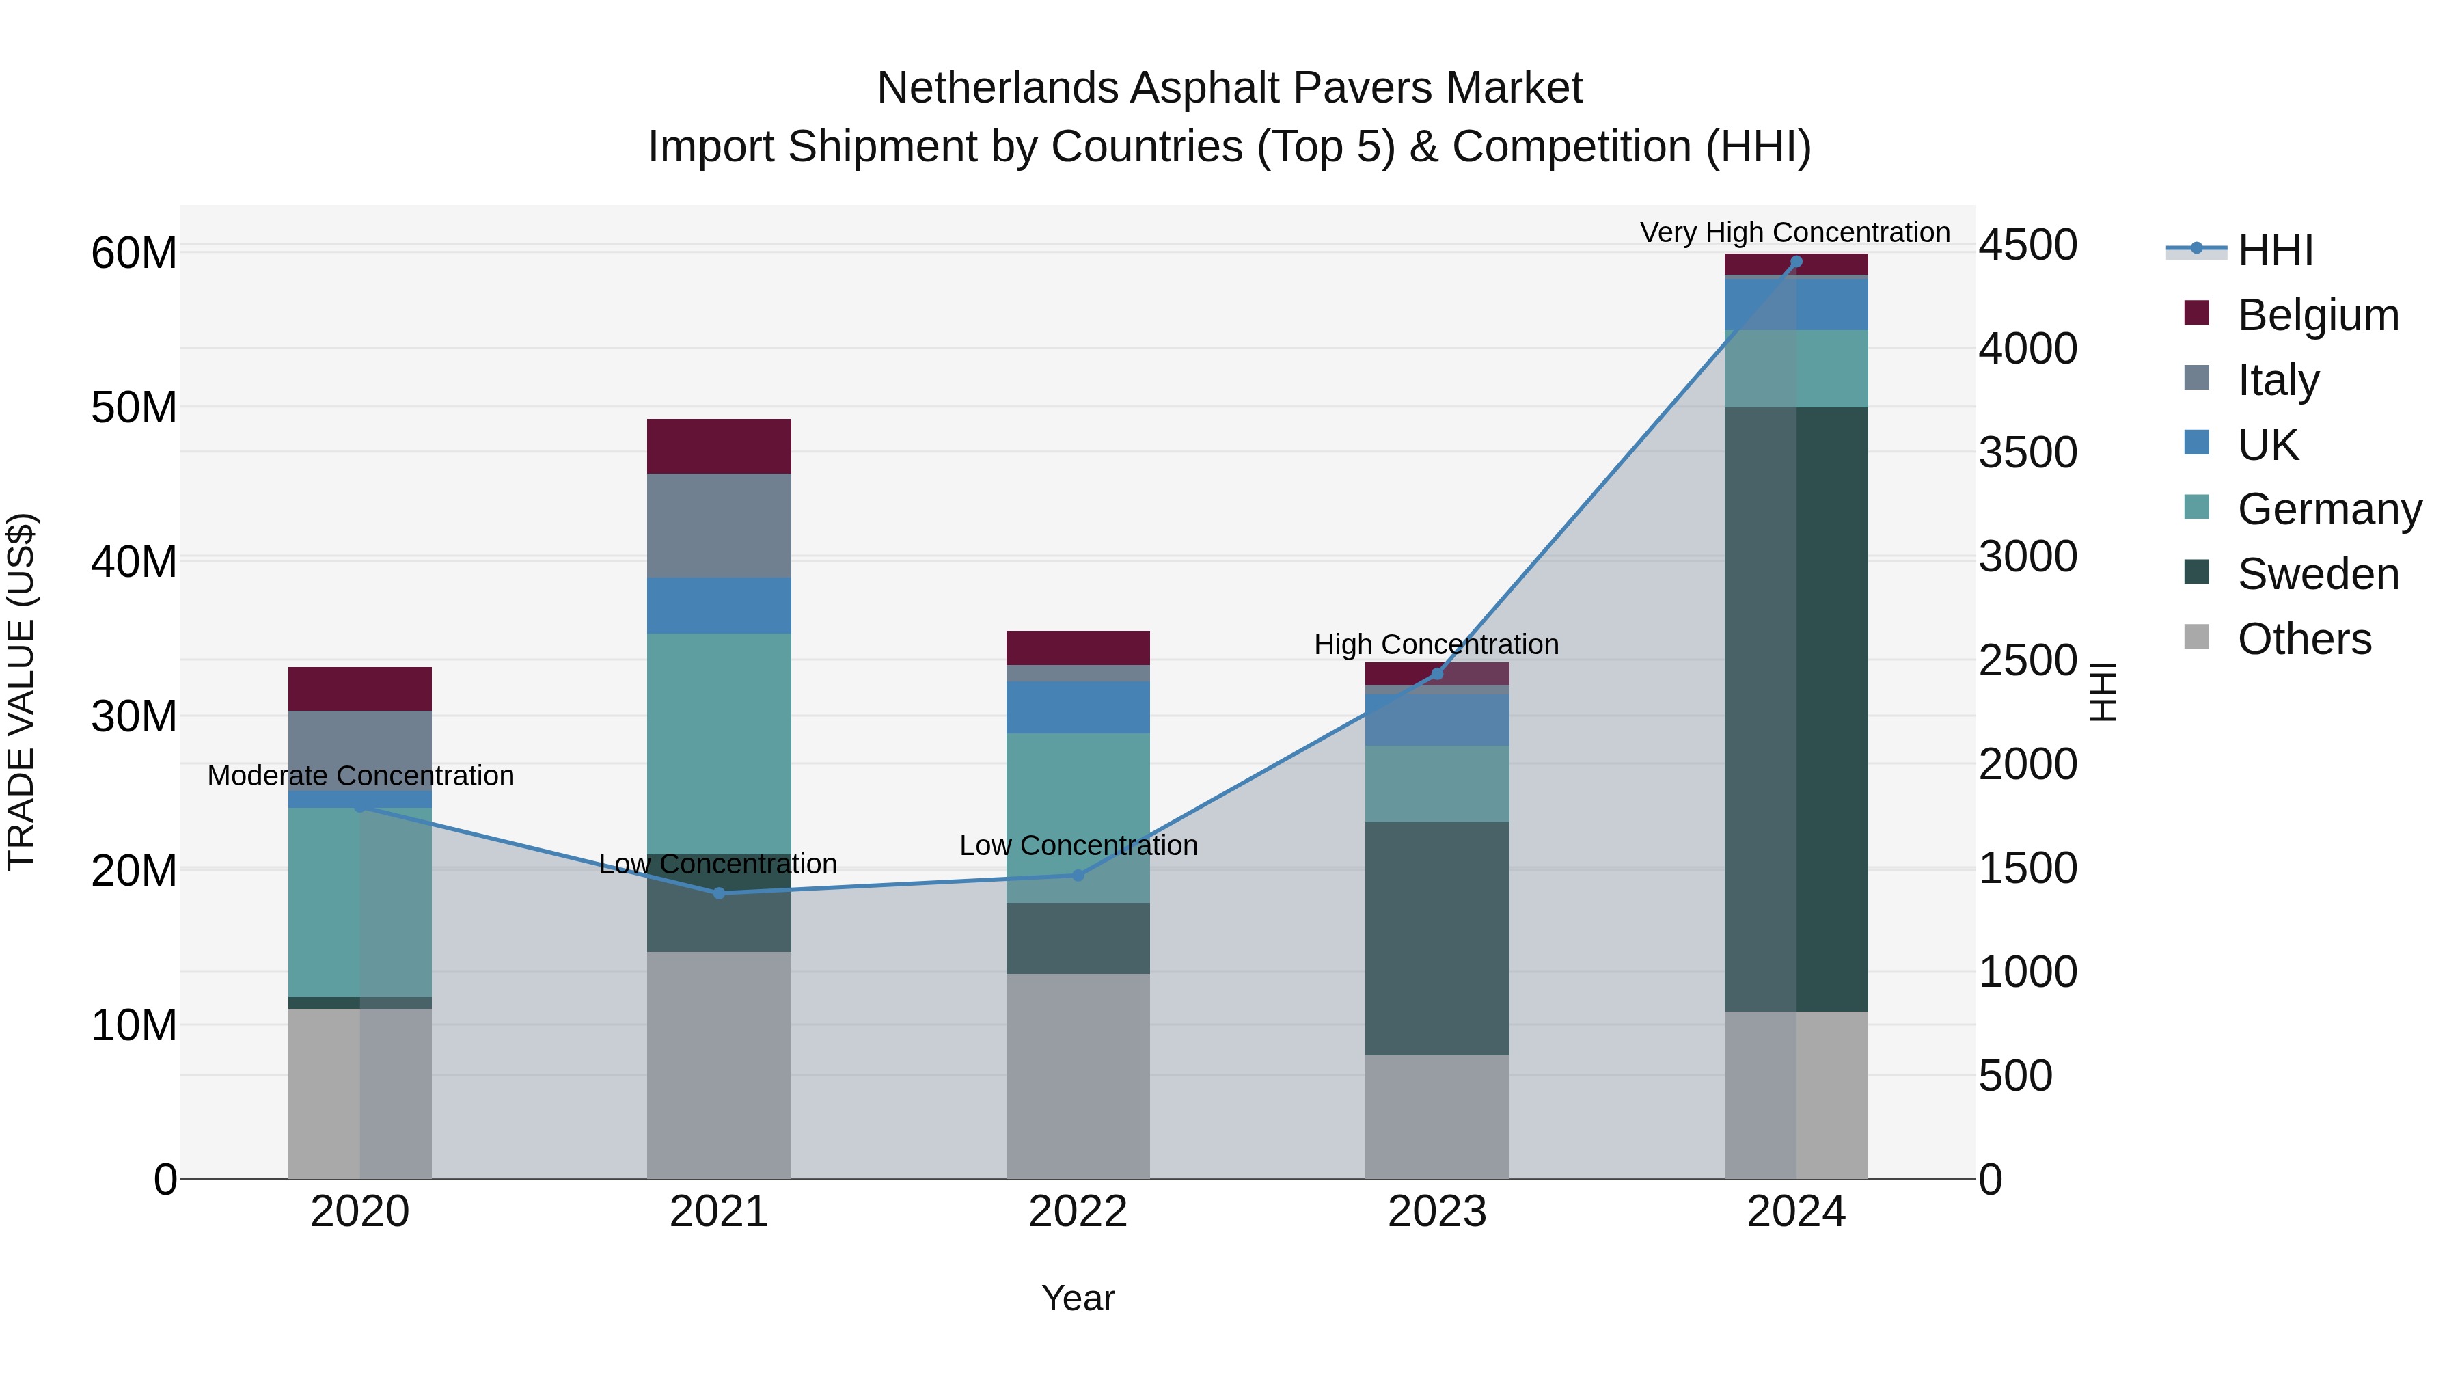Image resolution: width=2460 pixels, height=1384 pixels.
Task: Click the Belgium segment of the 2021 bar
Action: click(x=718, y=446)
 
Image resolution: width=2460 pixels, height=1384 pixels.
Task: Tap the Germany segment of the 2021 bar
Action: click(x=718, y=743)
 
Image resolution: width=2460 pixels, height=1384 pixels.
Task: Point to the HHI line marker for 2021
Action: click(x=719, y=893)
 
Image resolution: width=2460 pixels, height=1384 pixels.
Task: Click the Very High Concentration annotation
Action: click(x=1794, y=232)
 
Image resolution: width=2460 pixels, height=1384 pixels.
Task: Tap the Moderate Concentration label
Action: click(x=360, y=776)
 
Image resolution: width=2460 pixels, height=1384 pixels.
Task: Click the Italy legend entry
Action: click(x=2278, y=380)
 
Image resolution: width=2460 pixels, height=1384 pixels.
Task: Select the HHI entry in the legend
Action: click(x=2275, y=250)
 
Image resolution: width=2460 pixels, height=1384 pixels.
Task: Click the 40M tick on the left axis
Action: click(x=134, y=562)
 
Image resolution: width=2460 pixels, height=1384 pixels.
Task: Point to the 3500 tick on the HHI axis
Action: click(x=2027, y=452)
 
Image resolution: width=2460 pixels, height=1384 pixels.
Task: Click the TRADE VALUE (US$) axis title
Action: click(x=21, y=692)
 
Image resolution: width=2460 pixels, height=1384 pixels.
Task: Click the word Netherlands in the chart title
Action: click(x=998, y=88)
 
